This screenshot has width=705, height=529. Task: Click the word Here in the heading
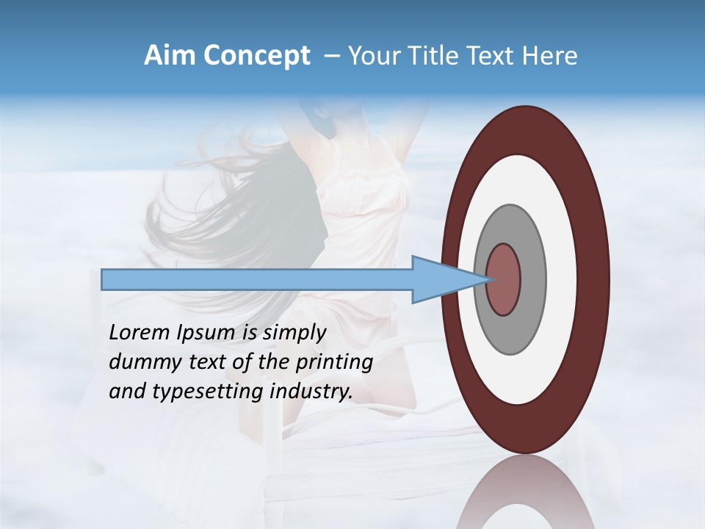click(550, 56)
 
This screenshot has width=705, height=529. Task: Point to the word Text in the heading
click(494, 56)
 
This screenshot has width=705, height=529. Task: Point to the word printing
click(333, 362)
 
